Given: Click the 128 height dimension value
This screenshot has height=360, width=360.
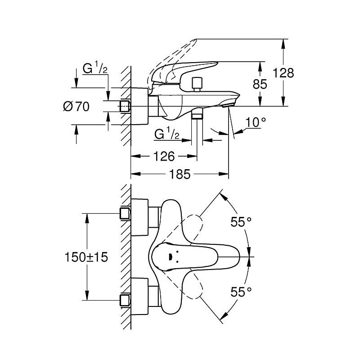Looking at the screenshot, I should click(283, 73).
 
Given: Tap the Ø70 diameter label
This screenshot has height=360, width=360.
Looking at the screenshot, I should click(76, 107).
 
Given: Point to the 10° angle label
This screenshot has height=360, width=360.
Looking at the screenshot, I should click(256, 121).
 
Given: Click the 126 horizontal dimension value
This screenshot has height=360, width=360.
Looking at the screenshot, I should click(164, 157).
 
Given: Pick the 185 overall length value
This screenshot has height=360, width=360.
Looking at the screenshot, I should click(180, 174).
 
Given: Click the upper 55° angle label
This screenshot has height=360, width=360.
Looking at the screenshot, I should click(241, 221).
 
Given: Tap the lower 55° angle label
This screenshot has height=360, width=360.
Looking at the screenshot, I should click(241, 292).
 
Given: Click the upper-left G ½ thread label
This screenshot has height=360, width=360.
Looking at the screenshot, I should click(94, 69).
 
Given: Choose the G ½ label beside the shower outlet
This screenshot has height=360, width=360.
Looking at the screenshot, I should click(167, 134).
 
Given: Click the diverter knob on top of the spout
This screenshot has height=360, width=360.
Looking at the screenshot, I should click(196, 84).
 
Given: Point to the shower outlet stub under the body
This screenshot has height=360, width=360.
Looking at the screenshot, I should click(197, 116).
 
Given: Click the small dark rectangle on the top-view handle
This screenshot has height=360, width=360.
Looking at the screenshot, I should click(170, 257).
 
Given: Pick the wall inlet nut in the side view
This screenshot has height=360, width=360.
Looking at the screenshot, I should click(125, 106).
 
